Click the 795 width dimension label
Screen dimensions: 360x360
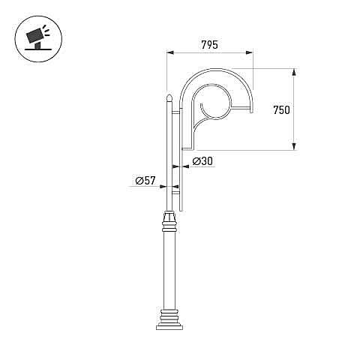209,45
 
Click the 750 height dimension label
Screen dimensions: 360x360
281,110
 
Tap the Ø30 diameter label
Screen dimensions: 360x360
202,161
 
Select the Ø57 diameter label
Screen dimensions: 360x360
145,180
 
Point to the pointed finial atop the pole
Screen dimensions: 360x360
169,97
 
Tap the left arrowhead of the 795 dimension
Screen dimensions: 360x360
170,52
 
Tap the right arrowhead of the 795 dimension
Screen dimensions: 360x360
250,52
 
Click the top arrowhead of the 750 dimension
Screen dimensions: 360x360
295,72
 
